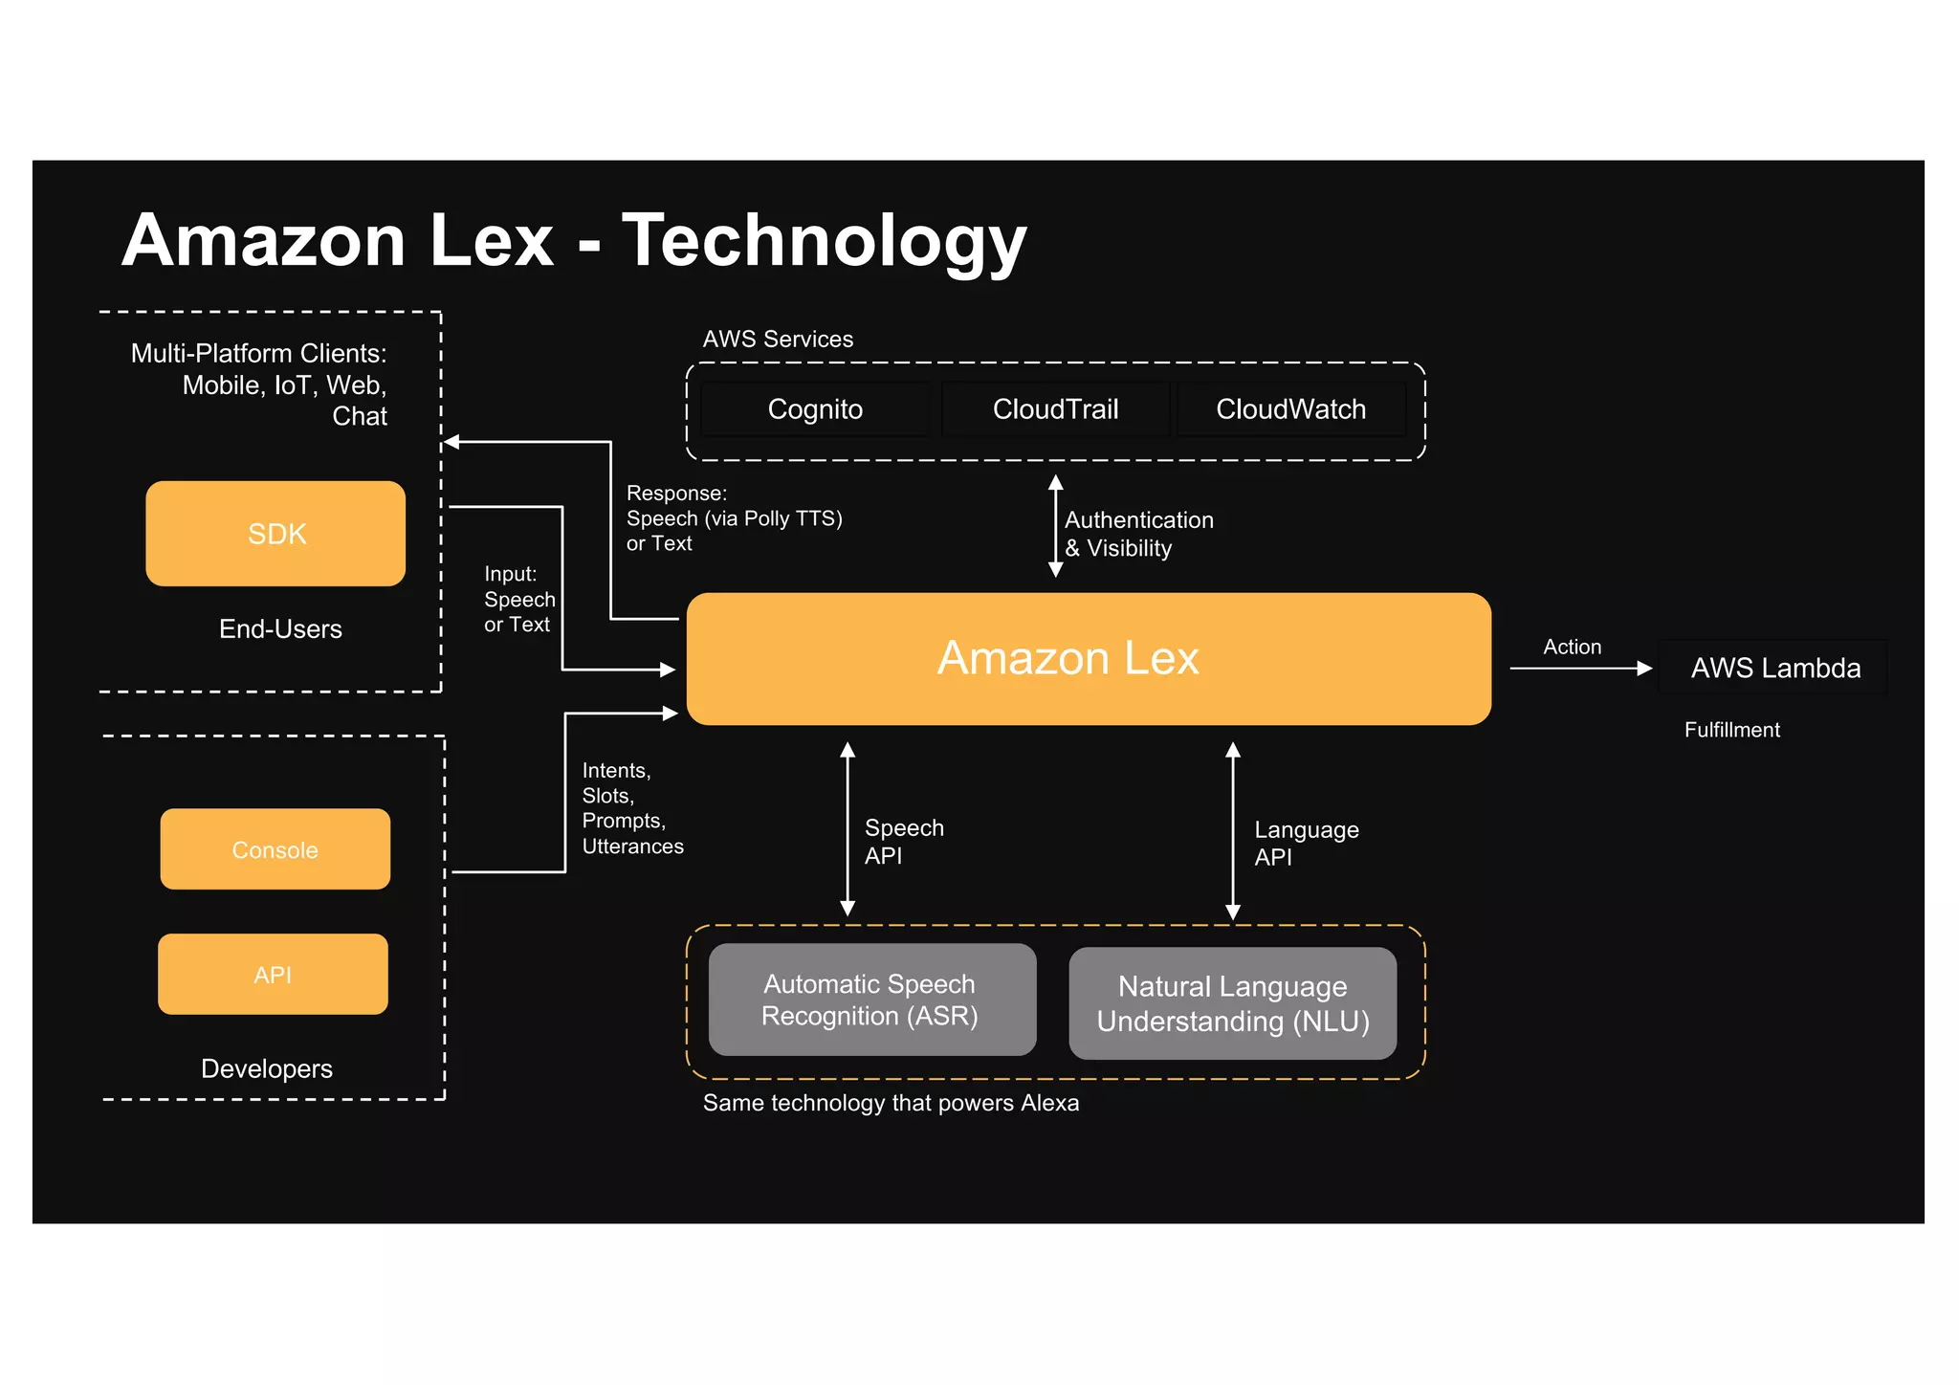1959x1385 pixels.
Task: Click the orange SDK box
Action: tap(275, 533)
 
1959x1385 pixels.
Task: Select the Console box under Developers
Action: tap(275, 849)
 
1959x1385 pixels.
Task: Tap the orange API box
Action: tap(273, 974)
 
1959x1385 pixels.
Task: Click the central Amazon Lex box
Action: tap(1089, 659)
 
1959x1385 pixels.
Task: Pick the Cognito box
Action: tap(815, 409)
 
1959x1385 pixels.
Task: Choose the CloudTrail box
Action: tap(1055, 409)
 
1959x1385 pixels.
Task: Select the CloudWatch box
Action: tap(1290, 409)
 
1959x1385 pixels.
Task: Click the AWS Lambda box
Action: tap(1774, 668)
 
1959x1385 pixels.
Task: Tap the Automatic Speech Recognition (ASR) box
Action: tap(871, 1000)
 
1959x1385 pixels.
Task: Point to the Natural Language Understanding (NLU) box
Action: tap(1232, 1003)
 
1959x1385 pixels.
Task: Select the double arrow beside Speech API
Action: tap(847, 829)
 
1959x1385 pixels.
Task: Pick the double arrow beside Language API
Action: tap(1233, 831)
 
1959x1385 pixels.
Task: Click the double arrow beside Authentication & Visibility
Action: tap(1055, 526)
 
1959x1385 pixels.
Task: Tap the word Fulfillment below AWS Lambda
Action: tap(1731, 730)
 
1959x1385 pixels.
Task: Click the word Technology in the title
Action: tap(824, 241)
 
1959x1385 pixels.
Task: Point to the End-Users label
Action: tap(280, 628)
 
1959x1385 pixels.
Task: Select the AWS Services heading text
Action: tap(778, 339)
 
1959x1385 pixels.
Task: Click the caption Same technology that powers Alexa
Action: tap(891, 1103)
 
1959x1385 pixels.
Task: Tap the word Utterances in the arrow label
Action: tap(632, 846)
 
